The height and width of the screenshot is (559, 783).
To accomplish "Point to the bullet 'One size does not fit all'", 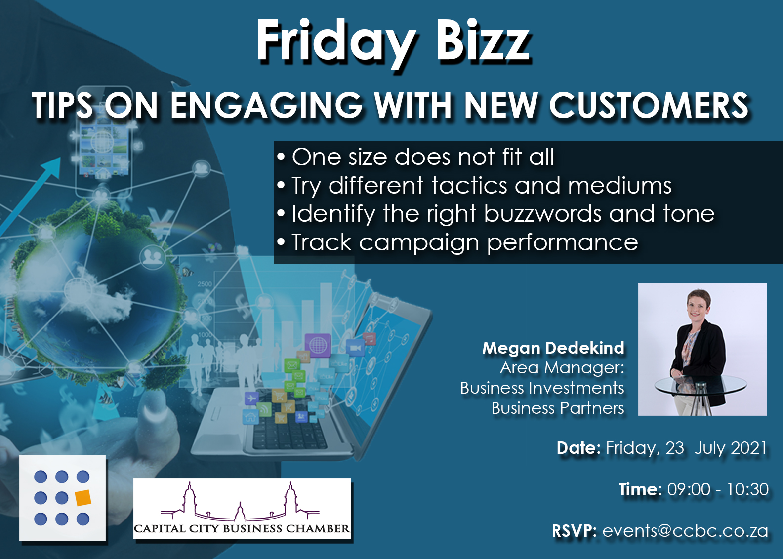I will (423, 157).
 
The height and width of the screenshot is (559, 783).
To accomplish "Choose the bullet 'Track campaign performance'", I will (464, 242).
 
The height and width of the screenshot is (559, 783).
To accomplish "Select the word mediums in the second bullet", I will (619, 186).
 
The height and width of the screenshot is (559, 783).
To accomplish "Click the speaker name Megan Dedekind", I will (553, 348).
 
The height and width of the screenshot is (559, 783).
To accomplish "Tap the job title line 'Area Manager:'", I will (562, 368).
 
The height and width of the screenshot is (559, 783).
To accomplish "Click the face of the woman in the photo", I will (698, 305).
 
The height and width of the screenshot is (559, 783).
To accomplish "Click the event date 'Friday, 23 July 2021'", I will (686, 448).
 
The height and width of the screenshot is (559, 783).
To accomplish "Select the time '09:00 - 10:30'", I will (717, 489).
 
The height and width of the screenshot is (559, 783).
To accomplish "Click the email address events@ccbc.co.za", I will (685, 531).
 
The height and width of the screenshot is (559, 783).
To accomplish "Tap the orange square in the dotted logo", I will (83, 498).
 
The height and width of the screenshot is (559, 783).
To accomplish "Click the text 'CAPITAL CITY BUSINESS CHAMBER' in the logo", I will (242, 529).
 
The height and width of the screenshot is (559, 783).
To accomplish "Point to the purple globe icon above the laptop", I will (318, 345).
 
